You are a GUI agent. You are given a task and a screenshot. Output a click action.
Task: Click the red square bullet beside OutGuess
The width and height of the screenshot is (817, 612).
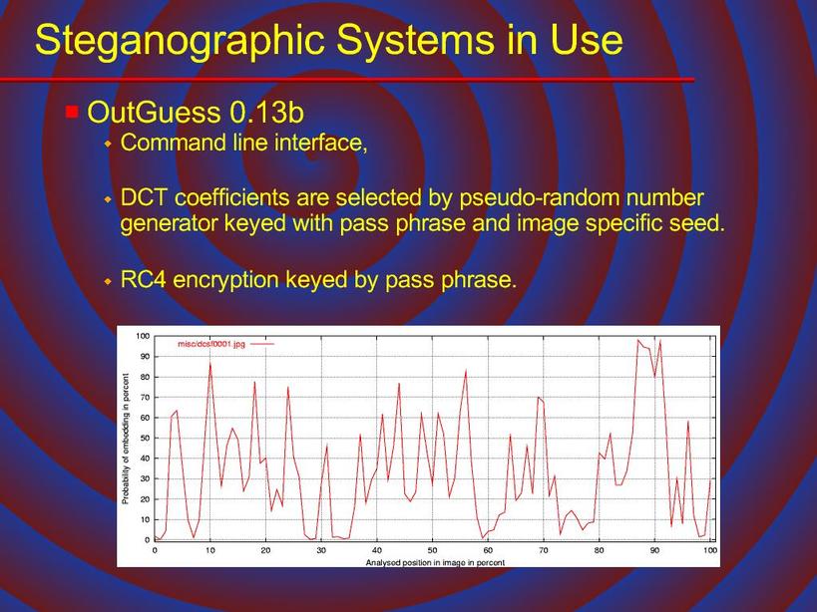point(72,112)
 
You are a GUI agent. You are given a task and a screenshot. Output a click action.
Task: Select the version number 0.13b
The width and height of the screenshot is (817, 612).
point(266,112)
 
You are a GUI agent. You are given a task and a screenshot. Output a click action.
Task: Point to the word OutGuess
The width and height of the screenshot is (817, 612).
point(154,113)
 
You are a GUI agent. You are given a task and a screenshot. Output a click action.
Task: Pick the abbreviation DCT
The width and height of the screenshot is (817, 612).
point(145,197)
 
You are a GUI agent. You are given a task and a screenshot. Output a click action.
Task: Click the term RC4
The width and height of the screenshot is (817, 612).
point(143,280)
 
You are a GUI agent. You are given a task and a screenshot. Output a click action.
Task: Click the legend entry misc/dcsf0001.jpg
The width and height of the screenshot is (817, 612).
point(211,344)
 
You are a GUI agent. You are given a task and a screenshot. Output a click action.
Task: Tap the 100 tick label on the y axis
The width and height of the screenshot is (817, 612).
point(143,336)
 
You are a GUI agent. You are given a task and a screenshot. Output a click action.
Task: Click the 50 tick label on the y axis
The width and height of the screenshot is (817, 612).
point(145,439)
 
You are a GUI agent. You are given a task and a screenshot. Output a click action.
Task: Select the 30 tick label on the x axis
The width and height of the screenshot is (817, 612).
point(321,550)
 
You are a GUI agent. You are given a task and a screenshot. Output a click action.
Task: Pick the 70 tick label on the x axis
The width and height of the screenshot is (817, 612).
point(544,550)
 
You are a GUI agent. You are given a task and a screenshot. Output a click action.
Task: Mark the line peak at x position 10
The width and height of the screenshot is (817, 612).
point(209,363)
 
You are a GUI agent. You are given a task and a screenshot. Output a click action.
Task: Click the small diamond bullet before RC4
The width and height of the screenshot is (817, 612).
point(108,281)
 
